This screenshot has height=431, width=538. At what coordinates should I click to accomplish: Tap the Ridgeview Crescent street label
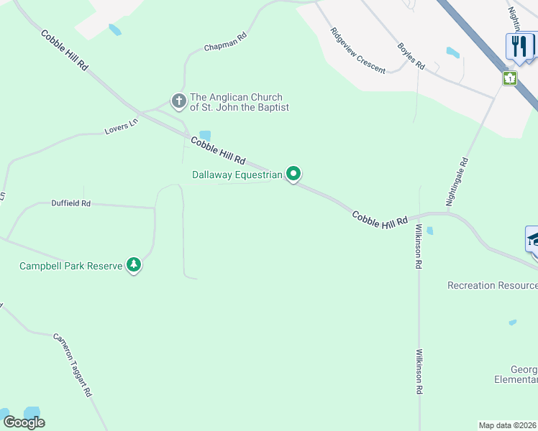point(357,51)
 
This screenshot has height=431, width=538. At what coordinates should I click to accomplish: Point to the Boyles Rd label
point(411,56)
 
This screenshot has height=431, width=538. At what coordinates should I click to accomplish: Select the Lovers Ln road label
point(121,126)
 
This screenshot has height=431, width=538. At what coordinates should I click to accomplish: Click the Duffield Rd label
point(70,203)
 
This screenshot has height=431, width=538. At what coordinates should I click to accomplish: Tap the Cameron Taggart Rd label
point(72,365)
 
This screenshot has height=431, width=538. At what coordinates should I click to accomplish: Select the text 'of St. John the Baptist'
point(239,108)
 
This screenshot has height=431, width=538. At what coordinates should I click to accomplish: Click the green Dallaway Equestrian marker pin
point(293,173)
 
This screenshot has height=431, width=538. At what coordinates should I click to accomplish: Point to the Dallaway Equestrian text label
point(237,175)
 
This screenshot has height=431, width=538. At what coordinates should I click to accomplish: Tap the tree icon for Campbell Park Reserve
point(133,265)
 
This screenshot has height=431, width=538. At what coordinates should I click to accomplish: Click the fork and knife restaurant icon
point(519,46)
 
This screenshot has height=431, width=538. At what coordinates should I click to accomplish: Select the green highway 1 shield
point(510,78)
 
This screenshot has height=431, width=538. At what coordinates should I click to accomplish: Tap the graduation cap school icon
point(533,239)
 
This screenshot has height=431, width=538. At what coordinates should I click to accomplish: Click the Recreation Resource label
point(492,285)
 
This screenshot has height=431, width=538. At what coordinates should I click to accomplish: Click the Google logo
point(24,422)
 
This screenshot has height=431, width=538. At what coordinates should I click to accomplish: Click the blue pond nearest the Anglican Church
point(205,135)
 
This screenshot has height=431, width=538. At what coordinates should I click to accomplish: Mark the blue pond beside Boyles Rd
point(452,52)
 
